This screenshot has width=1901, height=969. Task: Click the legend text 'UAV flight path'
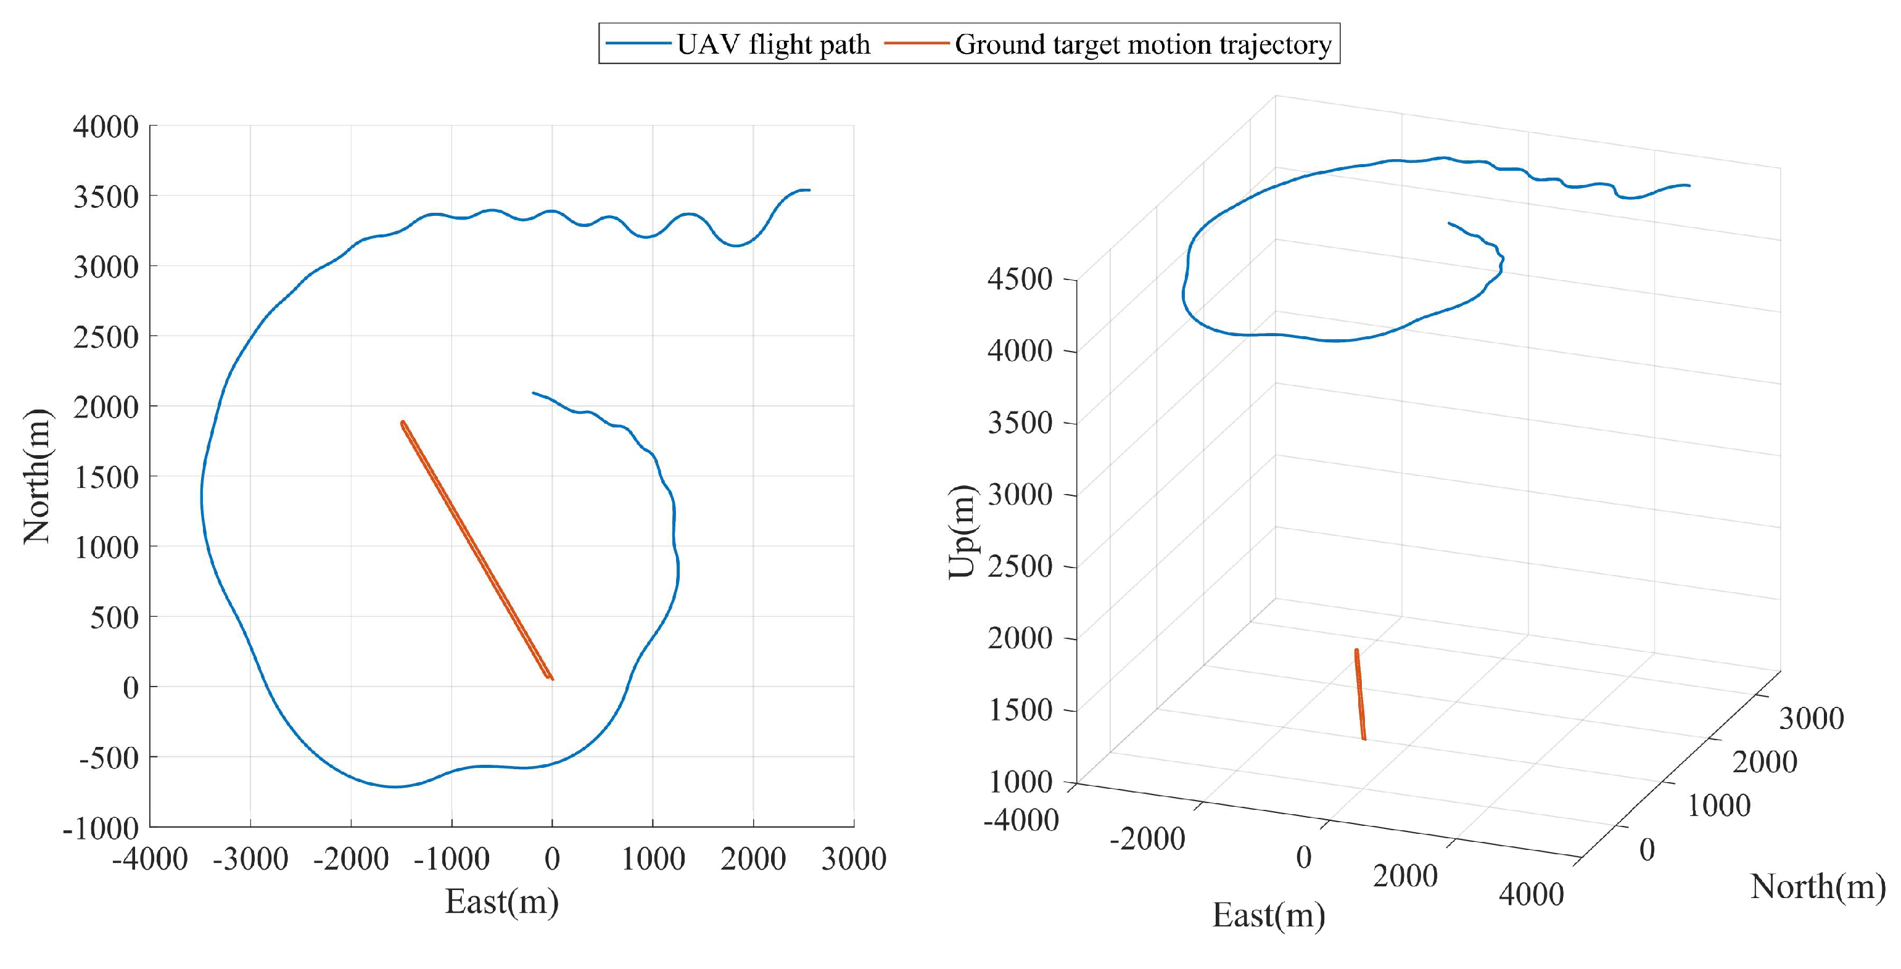tap(773, 44)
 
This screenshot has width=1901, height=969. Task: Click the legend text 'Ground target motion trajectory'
tap(1142, 44)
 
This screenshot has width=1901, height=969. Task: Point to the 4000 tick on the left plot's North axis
tap(105, 126)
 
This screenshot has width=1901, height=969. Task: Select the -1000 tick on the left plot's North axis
tap(101, 828)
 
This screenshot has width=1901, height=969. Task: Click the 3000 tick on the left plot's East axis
tap(853, 859)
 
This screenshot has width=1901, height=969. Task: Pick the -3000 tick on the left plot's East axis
tap(250, 859)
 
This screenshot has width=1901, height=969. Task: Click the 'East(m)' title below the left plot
tap(502, 901)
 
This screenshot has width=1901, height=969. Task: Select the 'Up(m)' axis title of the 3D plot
tap(962, 531)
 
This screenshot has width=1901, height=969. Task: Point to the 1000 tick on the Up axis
tap(1021, 781)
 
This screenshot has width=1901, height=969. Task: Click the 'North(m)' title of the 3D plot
tap(1818, 886)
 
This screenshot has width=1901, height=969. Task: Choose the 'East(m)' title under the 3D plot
tap(1269, 915)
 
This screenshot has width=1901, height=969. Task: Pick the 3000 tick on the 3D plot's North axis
tap(1811, 718)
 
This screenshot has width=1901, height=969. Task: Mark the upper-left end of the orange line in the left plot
tap(402, 423)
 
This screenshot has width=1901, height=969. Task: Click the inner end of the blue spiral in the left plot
tap(534, 393)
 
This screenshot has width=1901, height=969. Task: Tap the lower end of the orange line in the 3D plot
tap(1364, 738)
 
